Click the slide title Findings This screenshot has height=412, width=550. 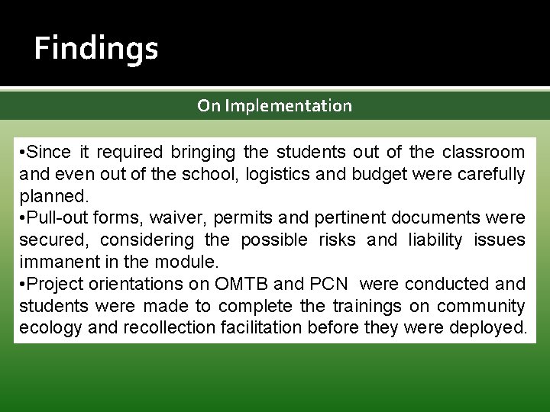96,49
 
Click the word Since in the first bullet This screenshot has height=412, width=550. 50,152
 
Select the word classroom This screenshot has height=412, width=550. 484,152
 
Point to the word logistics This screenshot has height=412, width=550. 278,174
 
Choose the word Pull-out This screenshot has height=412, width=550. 57,217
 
